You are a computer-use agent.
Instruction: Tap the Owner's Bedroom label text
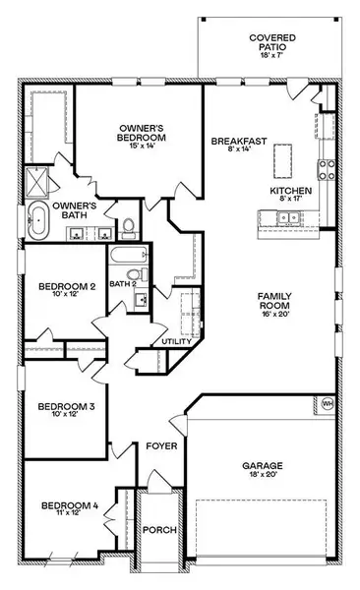(x=142, y=133)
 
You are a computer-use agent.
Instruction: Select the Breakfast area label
(x=239, y=143)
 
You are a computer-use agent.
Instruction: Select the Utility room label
(x=176, y=341)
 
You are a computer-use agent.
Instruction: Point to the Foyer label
(x=161, y=445)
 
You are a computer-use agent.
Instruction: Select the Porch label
(x=159, y=531)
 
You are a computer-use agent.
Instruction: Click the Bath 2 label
(x=122, y=285)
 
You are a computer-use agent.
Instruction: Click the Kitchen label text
(x=292, y=190)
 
